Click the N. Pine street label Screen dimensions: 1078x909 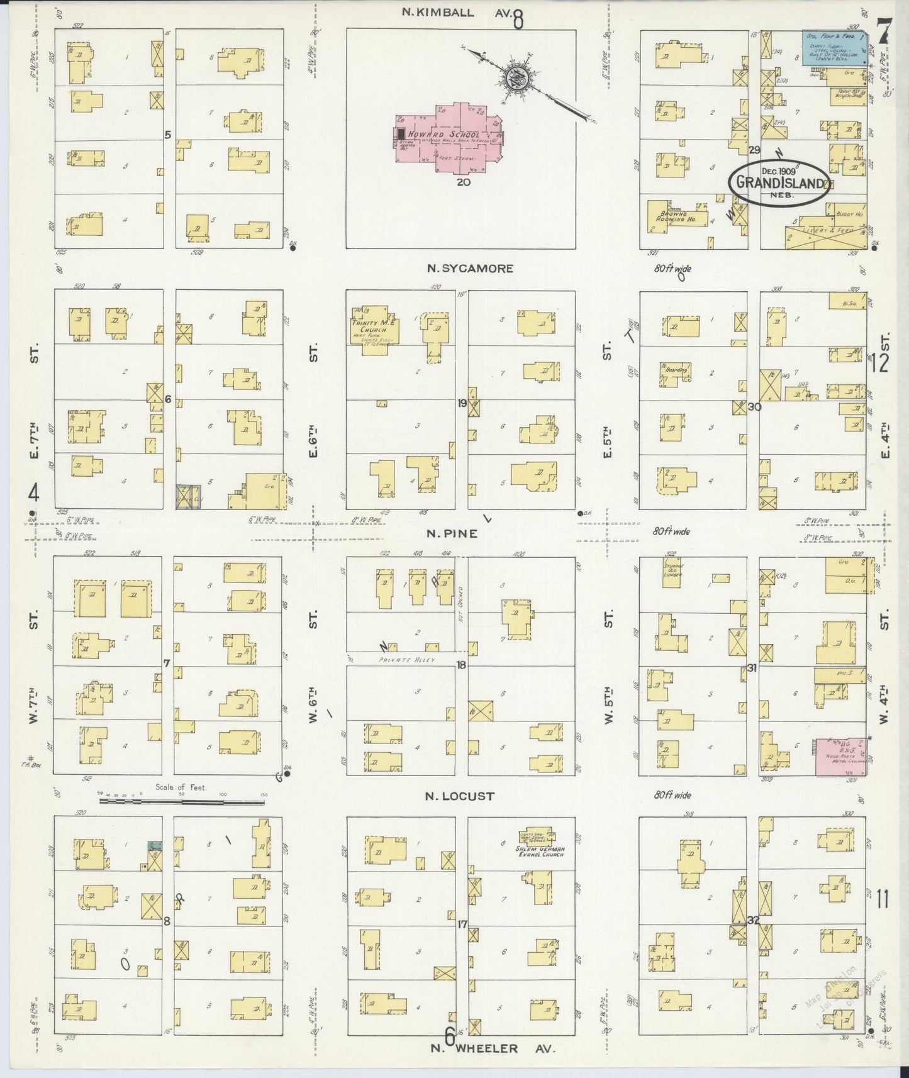coord(452,533)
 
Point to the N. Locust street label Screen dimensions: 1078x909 coord(460,796)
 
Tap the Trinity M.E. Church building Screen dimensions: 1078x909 coord(369,328)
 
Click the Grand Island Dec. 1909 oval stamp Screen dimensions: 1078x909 coord(779,182)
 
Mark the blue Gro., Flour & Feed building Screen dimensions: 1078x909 coord(837,45)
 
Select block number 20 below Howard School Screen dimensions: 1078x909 coord(464,182)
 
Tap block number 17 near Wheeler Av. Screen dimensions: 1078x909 coord(462,924)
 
